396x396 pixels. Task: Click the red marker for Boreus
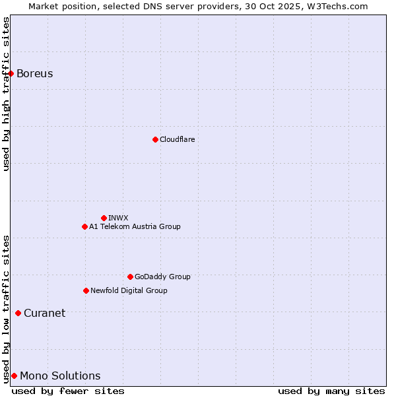coord(11,73)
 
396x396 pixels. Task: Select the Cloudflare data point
coord(155,139)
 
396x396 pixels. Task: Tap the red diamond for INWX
coord(104,218)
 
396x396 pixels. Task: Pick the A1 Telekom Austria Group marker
coord(84,226)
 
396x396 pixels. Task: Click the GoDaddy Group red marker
coord(130,277)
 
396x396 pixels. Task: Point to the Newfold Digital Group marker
coord(86,290)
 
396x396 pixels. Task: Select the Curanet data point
coord(18,313)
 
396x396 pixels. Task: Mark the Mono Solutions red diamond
coord(14,376)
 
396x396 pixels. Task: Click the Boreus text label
coord(35,73)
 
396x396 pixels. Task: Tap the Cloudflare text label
coord(178,139)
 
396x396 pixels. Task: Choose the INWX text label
coord(118,218)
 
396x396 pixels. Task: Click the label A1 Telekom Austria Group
coord(135,226)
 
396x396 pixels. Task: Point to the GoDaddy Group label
coord(162,277)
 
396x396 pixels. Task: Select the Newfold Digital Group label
coord(129,290)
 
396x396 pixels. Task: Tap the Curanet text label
coord(45,313)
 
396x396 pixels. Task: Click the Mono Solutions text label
coord(60,376)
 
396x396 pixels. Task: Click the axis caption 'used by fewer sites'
coord(68,391)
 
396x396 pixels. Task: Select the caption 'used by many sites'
coord(331,391)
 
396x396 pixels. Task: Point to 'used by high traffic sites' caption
coord(7,94)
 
